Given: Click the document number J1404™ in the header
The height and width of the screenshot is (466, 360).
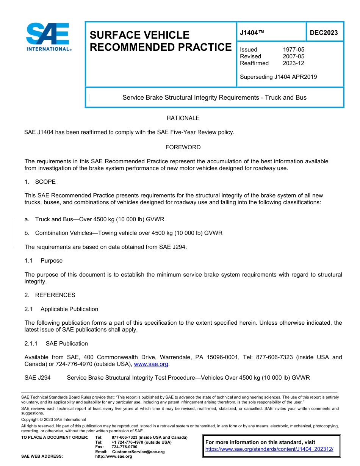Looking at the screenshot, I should (x=252, y=33).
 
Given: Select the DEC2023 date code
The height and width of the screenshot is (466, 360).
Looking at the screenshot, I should (x=324, y=33).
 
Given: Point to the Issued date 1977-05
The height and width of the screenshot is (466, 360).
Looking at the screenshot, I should (x=293, y=50).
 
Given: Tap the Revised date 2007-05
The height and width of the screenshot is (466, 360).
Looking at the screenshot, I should (x=293, y=56).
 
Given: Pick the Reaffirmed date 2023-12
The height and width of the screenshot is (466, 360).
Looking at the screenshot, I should (x=293, y=63).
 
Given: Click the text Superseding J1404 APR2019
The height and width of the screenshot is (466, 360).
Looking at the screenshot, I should (x=278, y=77).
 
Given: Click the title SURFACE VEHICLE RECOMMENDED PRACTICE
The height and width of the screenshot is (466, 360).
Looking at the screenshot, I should (x=160, y=41).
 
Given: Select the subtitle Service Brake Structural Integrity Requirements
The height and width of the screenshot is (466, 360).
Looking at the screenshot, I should (x=214, y=98).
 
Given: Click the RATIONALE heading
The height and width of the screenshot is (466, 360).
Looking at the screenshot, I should (x=183, y=118).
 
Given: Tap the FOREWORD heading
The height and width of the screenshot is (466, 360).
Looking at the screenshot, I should (x=183, y=147).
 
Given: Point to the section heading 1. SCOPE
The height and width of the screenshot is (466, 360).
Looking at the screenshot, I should (x=40, y=182).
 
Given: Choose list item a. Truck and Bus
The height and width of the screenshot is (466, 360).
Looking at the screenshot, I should (x=94, y=219).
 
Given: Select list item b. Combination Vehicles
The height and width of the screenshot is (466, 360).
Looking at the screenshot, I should (x=124, y=233).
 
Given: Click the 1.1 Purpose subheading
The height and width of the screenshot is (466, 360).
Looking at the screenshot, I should (x=44, y=261).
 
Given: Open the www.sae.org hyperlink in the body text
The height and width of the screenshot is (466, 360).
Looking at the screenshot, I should (x=151, y=364).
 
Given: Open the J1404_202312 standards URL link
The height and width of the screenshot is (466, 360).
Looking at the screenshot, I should (x=269, y=449).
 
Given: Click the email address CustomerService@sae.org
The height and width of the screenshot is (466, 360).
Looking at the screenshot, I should (x=138, y=452).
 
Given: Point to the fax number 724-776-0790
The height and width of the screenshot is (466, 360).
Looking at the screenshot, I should (x=124, y=447).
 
